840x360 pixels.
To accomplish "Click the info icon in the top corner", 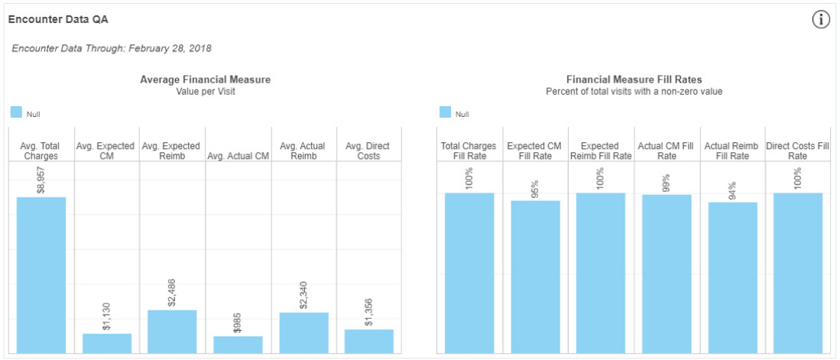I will [x=820, y=21].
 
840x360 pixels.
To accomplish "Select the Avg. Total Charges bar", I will [x=41, y=275].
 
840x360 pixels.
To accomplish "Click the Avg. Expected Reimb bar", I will [x=172, y=331].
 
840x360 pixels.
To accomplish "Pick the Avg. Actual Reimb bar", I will [x=303, y=332].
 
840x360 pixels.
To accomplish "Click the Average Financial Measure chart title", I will [x=205, y=79].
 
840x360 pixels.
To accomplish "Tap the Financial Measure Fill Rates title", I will [x=634, y=79].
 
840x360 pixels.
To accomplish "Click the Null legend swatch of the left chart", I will [x=17, y=112].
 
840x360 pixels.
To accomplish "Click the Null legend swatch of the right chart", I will [x=446, y=112].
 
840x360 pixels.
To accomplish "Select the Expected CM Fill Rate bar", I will [x=535, y=277].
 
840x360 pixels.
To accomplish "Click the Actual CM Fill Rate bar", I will [x=666, y=274].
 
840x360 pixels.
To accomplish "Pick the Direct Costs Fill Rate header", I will [x=798, y=151].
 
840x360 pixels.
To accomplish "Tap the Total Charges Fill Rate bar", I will [x=469, y=273].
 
